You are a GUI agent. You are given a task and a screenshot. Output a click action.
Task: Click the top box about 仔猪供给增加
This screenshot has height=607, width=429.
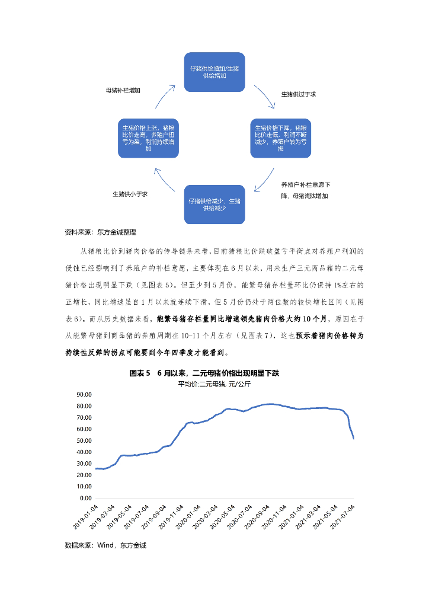tap(214, 73)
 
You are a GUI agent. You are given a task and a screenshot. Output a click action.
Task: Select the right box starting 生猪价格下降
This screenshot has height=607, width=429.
tap(280, 138)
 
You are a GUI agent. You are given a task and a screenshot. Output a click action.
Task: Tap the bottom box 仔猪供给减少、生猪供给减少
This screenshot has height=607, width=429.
tap(214, 205)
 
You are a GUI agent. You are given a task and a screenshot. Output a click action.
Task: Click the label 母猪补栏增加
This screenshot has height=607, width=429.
tap(123, 91)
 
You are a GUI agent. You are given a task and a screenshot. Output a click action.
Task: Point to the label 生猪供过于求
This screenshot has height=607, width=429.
tap(298, 94)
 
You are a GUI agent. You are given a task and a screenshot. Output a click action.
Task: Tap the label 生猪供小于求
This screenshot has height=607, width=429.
tap(130, 194)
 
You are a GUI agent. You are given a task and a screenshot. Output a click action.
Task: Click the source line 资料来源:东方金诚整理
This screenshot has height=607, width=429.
tap(100, 232)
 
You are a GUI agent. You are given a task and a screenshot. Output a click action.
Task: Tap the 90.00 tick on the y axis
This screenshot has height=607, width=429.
tap(84, 394)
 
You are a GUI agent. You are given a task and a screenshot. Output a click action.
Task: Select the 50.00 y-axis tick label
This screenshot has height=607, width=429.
tap(84, 440)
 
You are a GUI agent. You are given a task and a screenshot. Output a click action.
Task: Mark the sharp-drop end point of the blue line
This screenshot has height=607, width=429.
tap(354, 438)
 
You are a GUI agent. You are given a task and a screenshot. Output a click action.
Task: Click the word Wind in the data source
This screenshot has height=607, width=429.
tap(105, 545)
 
